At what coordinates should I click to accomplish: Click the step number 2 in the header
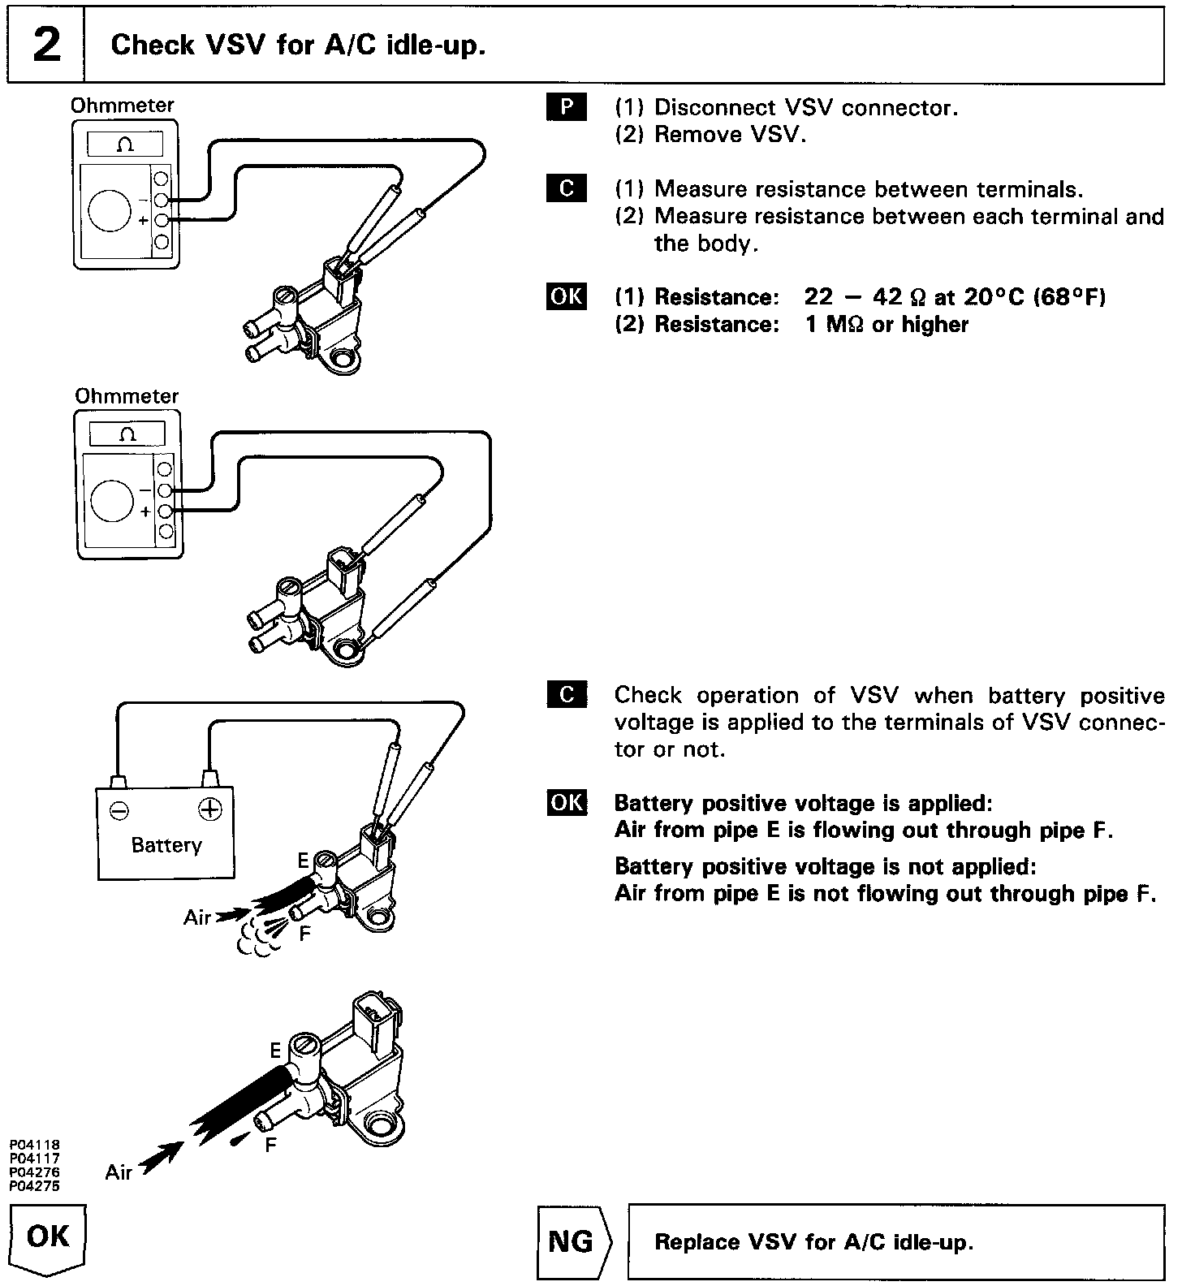coord(46,45)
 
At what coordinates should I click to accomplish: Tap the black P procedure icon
coord(566,107)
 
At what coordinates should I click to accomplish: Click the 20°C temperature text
coord(995,297)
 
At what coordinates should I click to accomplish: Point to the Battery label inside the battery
coord(166,845)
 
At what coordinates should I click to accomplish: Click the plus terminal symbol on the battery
coord(209,809)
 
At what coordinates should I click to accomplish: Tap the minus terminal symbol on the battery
coord(119,809)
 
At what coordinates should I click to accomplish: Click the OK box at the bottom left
coord(48,1236)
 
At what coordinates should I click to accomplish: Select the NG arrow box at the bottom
coord(572,1242)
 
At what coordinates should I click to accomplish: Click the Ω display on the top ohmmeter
coord(126,145)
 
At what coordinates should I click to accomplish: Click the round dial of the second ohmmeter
coord(111,500)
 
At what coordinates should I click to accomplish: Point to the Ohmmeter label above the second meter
coord(127,396)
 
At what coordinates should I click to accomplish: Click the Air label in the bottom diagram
coord(119,1172)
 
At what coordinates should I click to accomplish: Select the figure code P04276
coord(34,1172)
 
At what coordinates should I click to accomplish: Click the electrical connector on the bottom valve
coord(374,1018)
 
